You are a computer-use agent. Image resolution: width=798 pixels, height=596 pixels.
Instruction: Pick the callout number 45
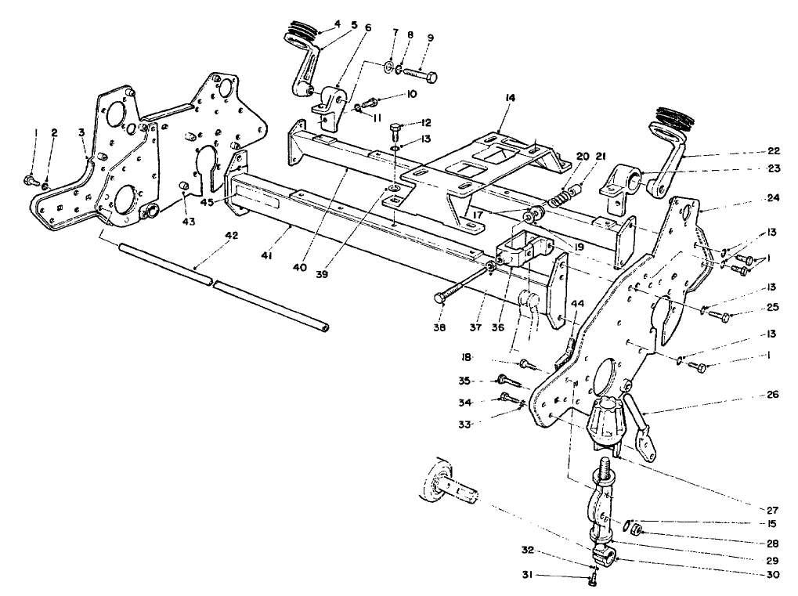pyautogui.click(x=207, y=201)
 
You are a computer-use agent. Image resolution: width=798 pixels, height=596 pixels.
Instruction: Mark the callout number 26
pyautogui.click(x=774, y=395)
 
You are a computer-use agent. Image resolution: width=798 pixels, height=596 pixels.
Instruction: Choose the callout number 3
pyautogui.click(x=82, y=133)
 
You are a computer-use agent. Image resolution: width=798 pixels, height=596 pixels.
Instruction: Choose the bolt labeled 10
pyautogui.click(x=370, y=102)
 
